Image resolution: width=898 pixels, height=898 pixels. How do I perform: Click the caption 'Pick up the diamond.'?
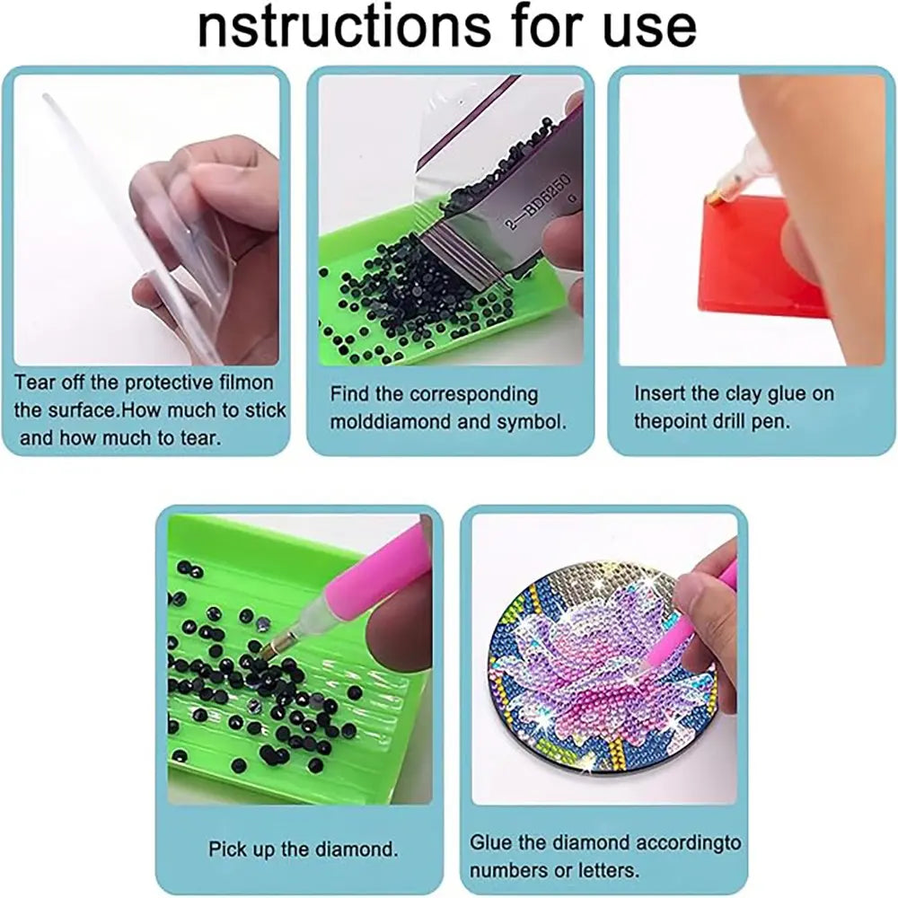[x=303, y=849]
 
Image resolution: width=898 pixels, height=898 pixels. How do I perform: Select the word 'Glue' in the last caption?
[x=490, y=842]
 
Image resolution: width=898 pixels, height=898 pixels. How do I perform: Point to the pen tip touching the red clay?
[x=712, y=199]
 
